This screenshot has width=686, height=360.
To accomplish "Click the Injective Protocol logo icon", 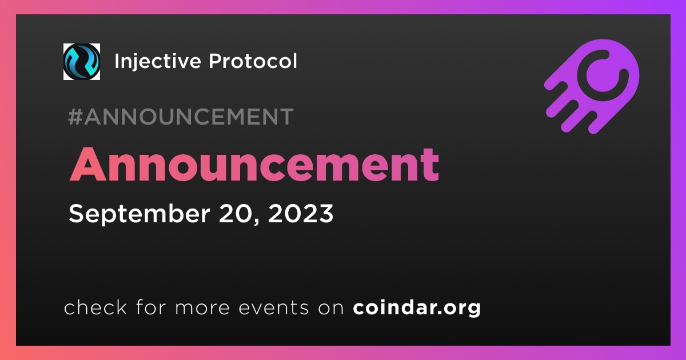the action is pos(81,62).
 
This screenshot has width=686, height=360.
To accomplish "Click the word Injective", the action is pos(157,62).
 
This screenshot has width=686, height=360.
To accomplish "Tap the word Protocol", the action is pos(253,61).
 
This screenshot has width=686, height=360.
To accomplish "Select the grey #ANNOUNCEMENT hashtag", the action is pos(181,117).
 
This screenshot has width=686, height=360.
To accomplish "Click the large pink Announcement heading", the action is pos(254,165).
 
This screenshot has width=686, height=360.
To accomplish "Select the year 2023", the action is pos(301,213).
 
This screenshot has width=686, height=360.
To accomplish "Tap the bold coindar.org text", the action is pos(417,307).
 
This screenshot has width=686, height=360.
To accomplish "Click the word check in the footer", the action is pos(95,307).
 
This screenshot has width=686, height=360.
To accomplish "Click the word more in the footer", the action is pos(202,308).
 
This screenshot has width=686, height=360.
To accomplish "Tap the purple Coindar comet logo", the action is pos(592,86).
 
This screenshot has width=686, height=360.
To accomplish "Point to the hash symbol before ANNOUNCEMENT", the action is pos(75,117).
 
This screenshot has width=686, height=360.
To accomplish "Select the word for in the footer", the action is pos(151,307).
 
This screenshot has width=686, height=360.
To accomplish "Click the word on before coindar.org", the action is pos(331,308).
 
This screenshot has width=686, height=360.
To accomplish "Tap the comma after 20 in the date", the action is pos(257,222).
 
